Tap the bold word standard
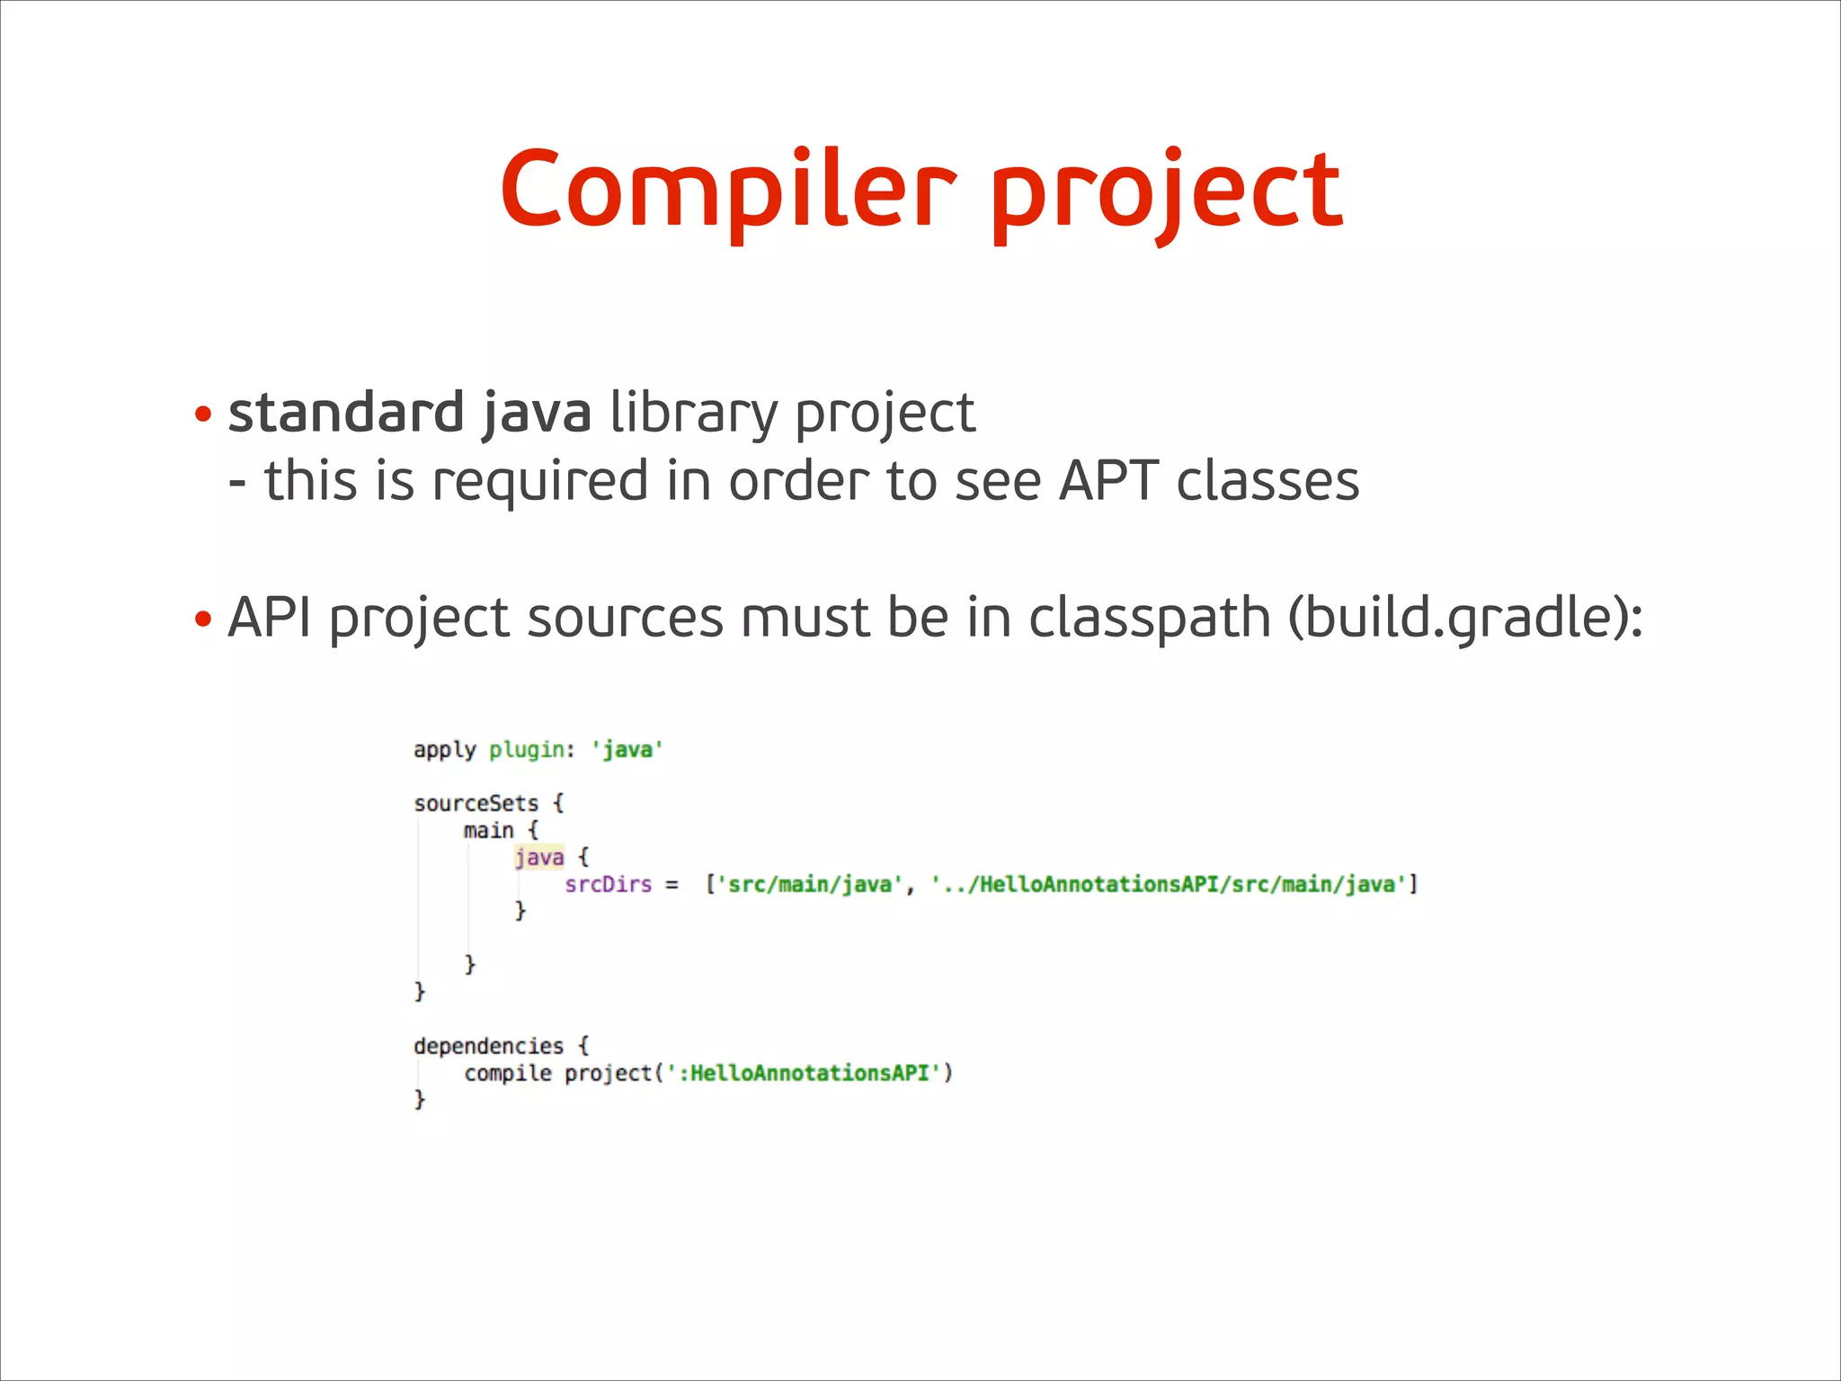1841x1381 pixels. tap(345, 413)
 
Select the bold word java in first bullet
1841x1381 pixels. tap(537, 414)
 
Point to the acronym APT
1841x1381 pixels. tap(1107, 481)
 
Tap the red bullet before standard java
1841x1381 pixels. tap(203, 415)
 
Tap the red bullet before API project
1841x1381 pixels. tap(203, 619)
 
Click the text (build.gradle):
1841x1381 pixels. tap(1465, 619)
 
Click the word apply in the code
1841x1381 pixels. tap(444, 750)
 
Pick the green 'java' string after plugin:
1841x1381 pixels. tap(627, 750)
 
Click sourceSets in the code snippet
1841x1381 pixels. tap(476, 803)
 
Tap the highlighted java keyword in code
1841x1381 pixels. tap(539, 857)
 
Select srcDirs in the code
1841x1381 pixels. tap(608, 885)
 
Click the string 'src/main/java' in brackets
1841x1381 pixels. tap(809, 885)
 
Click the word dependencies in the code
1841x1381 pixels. tap(488, 1046)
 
